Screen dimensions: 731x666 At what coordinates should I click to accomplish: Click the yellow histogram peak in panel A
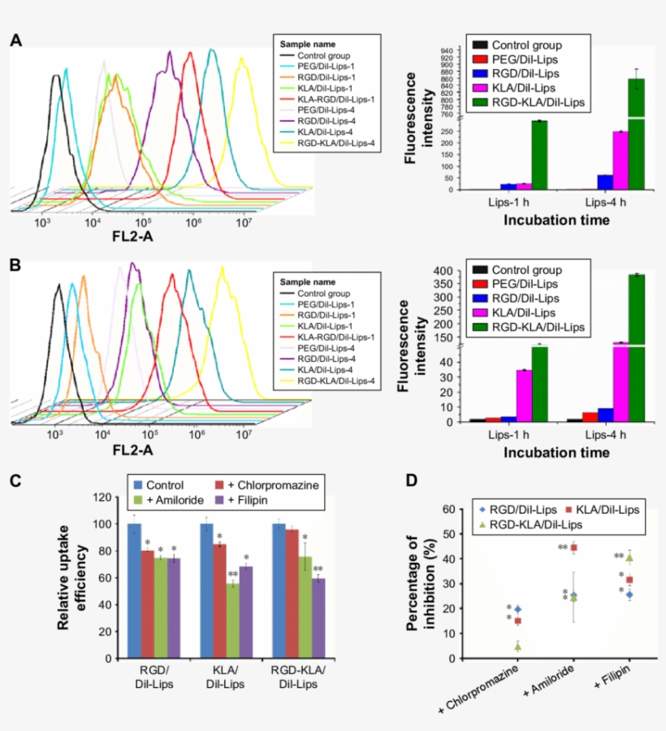click(241, 71)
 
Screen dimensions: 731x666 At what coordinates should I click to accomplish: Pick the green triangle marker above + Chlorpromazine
click(517, 647)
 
